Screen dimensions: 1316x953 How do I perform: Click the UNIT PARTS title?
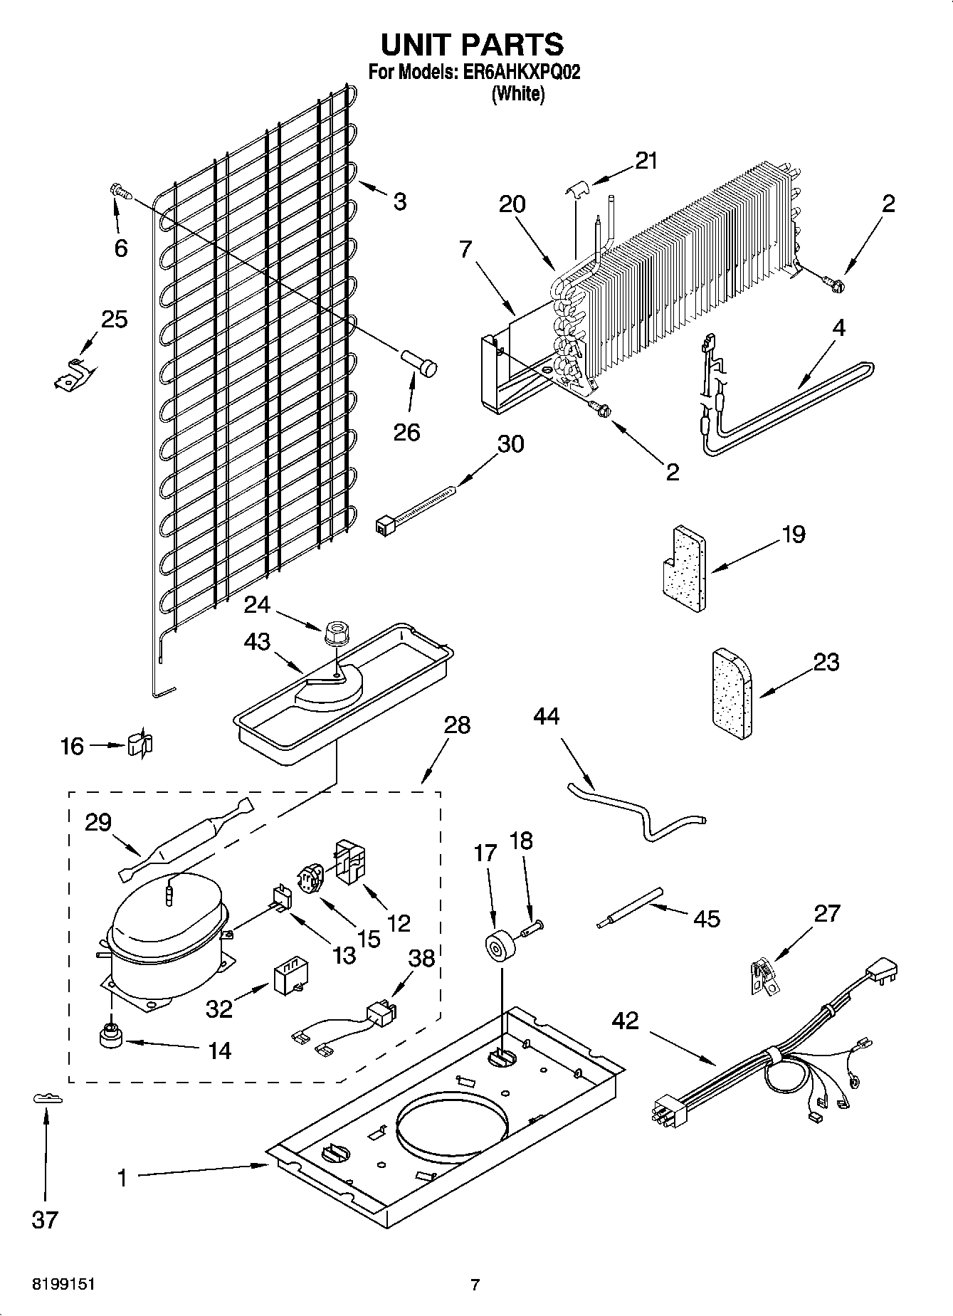pyautogui.click(x=472, y=44)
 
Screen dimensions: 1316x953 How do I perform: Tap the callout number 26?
pyautogui.click(x=407, y=432)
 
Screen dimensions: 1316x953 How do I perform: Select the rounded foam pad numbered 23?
pyautogui.click(x=731, y=694)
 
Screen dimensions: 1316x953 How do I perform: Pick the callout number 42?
pyautogui.click(x=626, y=1021)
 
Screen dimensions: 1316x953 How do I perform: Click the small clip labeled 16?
pyautogui.click(x=139, y=745)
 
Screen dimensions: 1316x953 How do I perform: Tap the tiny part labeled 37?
pyautogui.click(x=47, y=1099)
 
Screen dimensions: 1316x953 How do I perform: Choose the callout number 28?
pyautogui.click(x=457, y=725)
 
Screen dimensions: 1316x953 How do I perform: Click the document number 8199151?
pyautogui.click(x=64, y=1285)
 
